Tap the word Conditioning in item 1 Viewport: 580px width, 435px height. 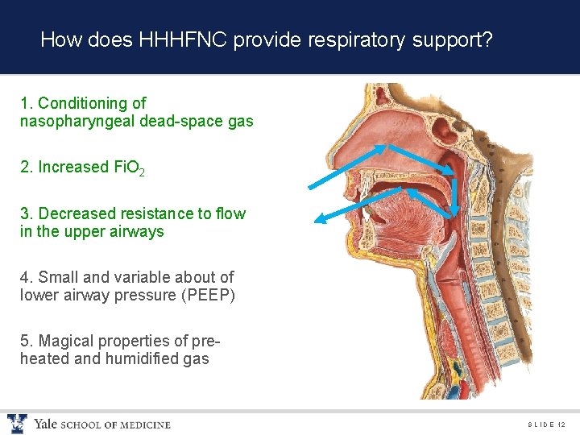92,103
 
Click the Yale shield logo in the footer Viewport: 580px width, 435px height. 17,424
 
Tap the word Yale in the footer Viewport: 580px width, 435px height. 44,424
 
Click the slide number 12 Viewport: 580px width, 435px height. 561,425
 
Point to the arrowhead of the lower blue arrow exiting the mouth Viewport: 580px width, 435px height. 317,218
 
